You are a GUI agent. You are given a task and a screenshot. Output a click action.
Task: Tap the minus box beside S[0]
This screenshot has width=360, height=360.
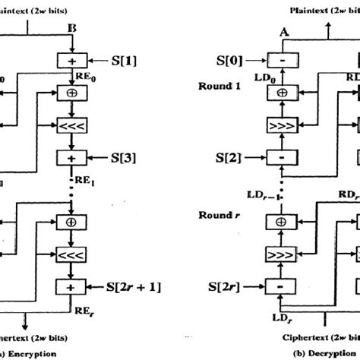[x=283, y=60]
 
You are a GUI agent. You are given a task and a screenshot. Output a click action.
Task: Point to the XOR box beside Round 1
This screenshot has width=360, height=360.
[x=283, y=92]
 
